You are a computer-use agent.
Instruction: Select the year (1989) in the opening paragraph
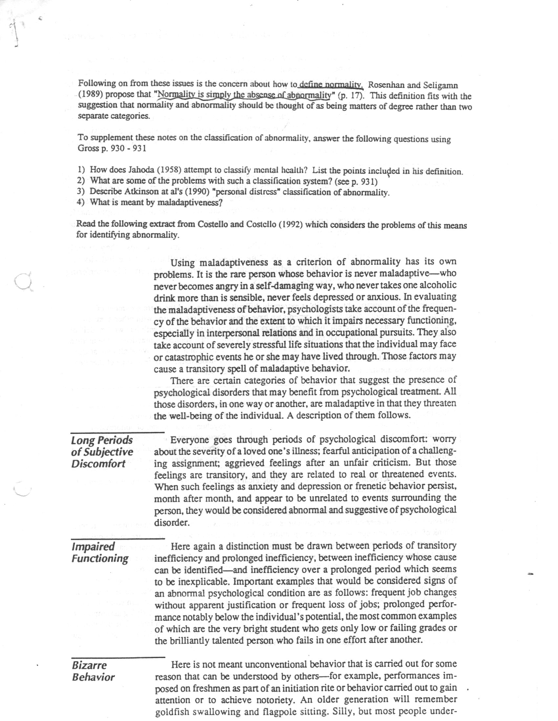(91, 94)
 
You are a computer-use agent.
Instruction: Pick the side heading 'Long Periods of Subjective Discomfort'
(102, 452)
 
